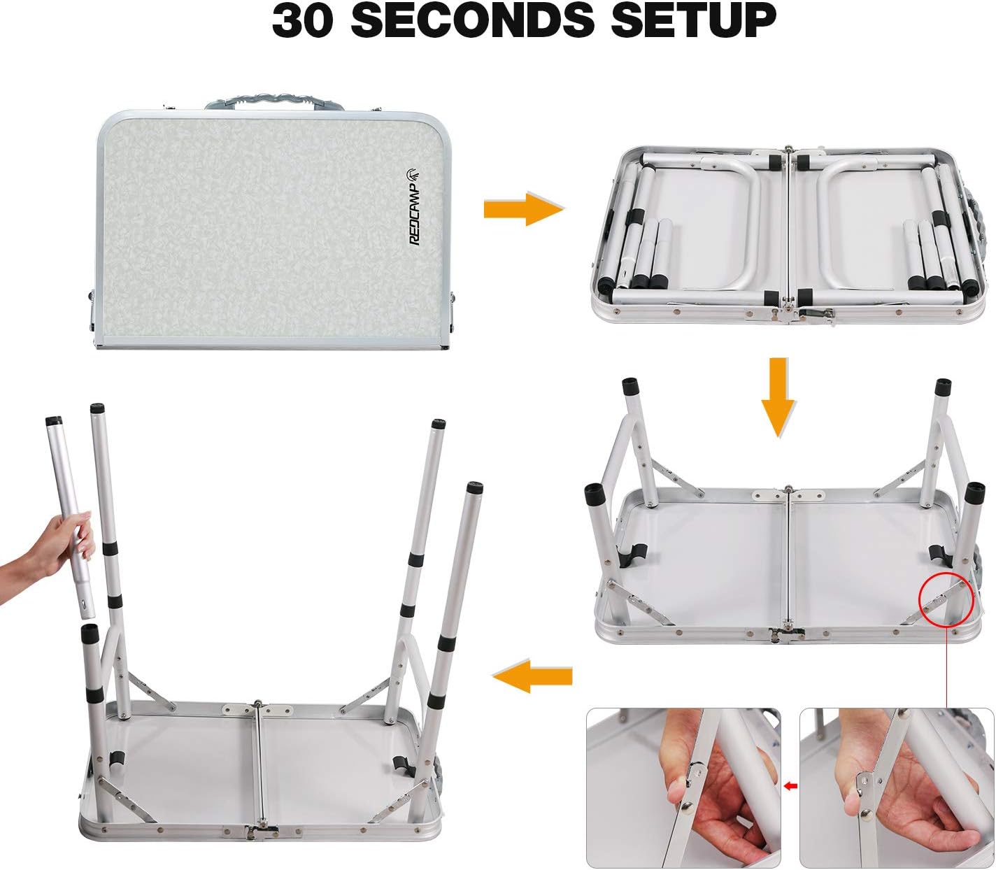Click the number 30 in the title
click(x=302, y=20)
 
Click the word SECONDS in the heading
click(x=472, y=20)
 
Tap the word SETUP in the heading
click(x=693, y=20)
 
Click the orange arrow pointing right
click(x=524, y=208)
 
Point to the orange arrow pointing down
click(x=778, y=397)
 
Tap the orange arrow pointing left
click(x=532, y=676)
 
